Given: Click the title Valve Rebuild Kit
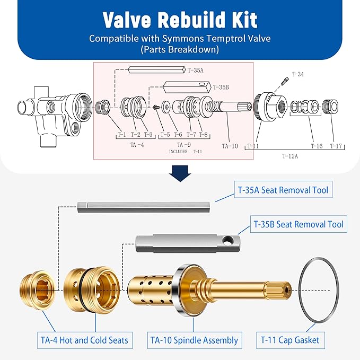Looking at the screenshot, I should point(180,20).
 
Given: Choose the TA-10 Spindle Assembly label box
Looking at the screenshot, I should point(194,340).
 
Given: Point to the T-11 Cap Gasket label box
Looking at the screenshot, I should point(289,340).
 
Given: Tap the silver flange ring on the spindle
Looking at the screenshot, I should point(186,291).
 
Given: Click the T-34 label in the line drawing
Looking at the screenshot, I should point(297,74).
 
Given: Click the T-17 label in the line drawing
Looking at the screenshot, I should point(337,146).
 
